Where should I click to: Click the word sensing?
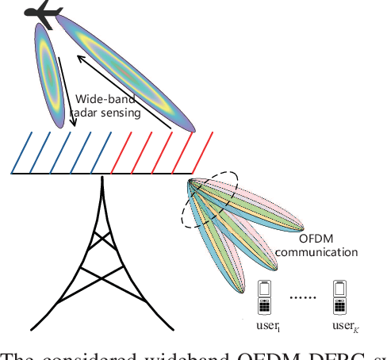tap(122, 113)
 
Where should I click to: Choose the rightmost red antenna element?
tap(201, 152)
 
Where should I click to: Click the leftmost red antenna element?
tap(119, 152)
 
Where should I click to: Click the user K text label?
tap(342, 326)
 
